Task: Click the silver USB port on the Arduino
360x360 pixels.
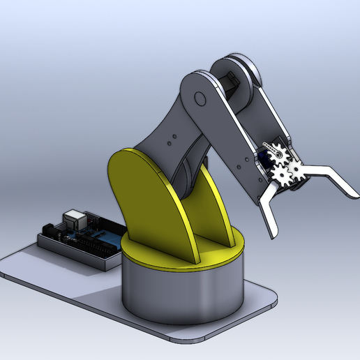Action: coord(73,217)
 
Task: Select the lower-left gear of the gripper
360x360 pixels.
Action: coord(282,172)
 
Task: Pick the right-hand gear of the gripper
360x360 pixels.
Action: coord(295,167)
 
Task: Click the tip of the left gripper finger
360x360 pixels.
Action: coord(273,234)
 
